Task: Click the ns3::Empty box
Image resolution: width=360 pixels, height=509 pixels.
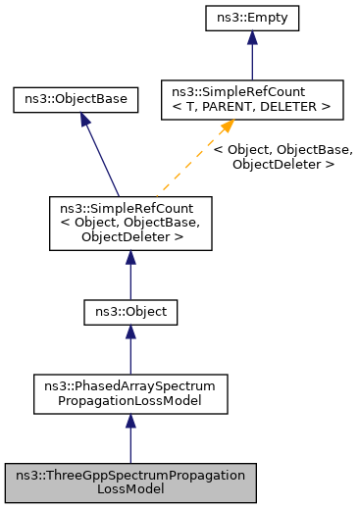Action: tap(252, 17)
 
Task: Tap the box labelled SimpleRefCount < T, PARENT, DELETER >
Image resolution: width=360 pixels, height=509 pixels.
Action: tap(252, 99)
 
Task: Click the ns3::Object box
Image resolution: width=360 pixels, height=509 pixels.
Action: tap(130, 313)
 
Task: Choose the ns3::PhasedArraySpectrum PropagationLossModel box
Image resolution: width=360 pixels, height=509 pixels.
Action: tap(130, 391)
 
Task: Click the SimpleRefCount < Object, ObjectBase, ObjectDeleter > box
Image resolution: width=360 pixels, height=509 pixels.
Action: tap(130, 222)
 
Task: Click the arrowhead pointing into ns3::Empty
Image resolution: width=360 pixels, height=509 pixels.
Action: tap(252, 37)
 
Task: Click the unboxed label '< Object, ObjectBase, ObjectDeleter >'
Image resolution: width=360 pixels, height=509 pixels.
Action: tap(283, 157)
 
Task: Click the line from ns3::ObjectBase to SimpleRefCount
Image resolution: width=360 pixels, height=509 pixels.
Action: tap(102, 157)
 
